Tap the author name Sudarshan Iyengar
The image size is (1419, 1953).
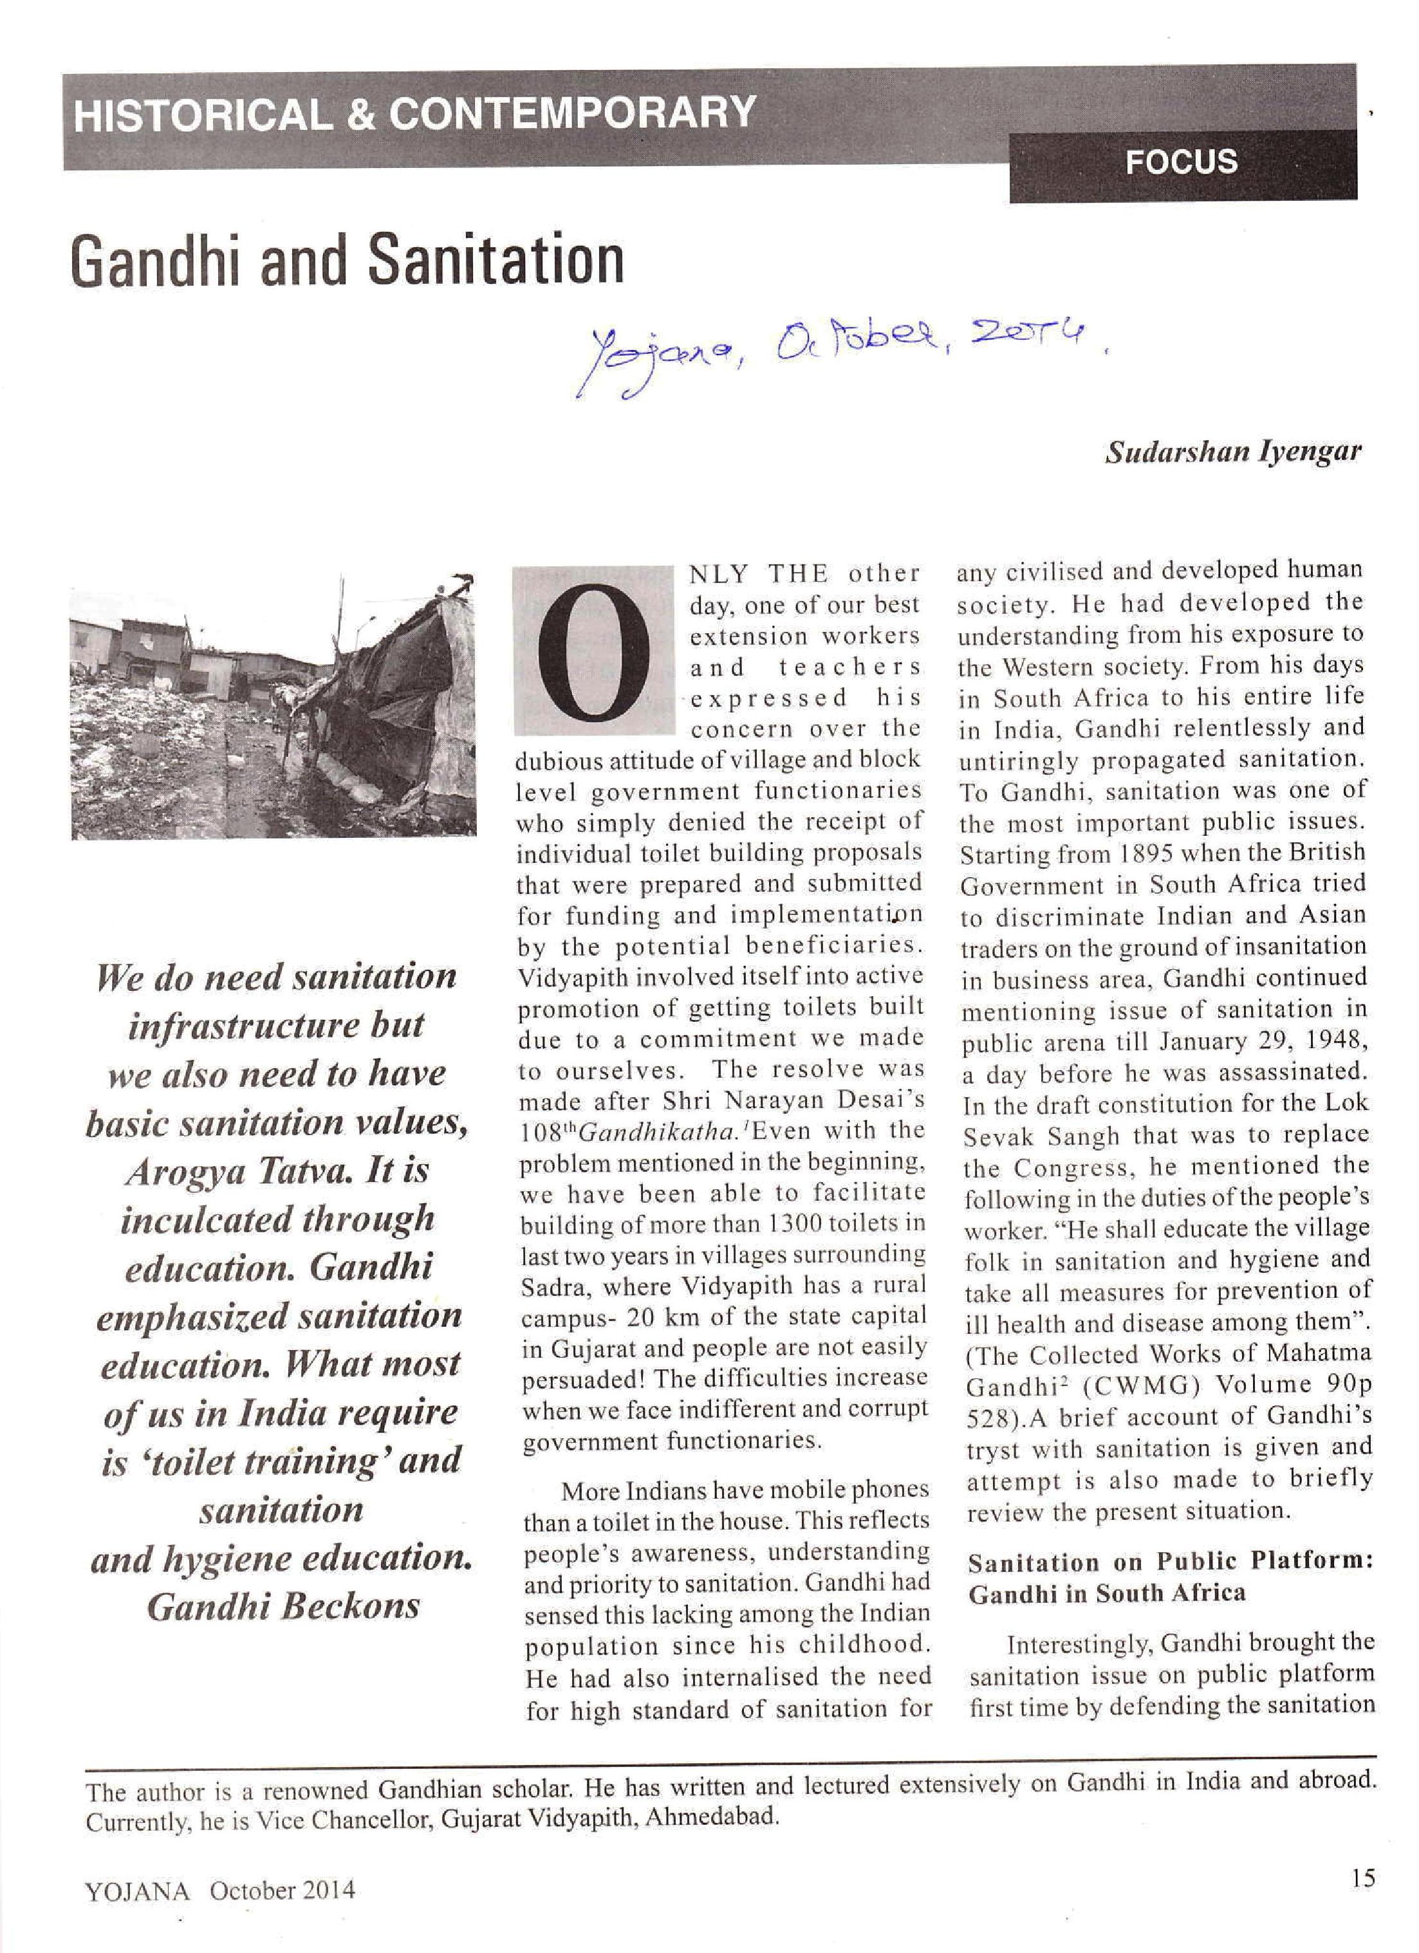tap(1233, 453)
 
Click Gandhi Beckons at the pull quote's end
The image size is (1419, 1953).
tap(283, 1606)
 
